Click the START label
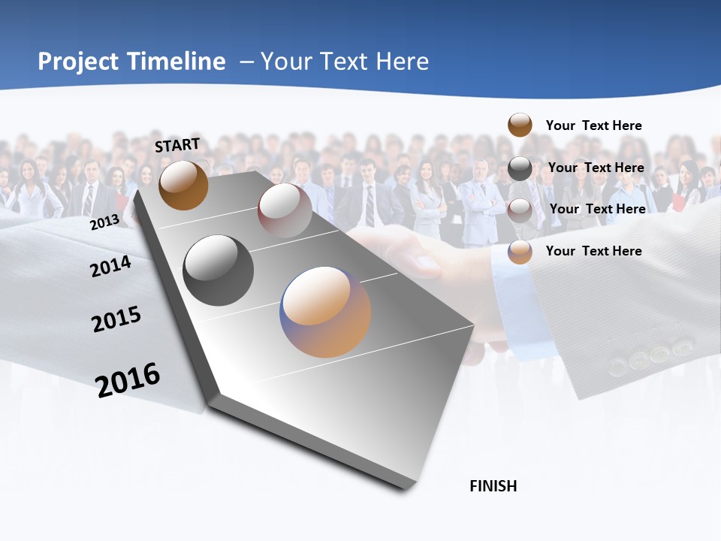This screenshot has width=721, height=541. [x=177, y=145]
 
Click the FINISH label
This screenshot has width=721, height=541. [x=493, y=486]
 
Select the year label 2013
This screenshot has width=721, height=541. [x=104, y=222]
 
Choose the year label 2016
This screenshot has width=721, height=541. [x=128, y=380]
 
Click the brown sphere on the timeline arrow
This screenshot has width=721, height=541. [x=183, y=185]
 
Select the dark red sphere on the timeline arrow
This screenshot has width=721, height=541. [x=285, y=210]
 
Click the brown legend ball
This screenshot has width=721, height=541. [x=520, y=125]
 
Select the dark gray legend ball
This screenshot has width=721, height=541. [x=520, y=168]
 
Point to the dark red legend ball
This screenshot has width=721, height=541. [x=520, y=210]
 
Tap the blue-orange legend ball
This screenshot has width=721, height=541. [x=520, y=252]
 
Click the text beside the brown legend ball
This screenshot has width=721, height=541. [x=593, y=125]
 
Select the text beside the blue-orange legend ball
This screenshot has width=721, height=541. [x=593, y=251]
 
